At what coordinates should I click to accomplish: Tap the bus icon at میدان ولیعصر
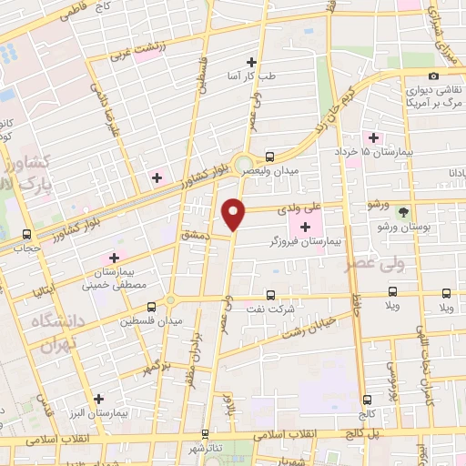tap(270, 156)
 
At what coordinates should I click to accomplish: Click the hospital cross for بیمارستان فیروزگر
tap(304, 225)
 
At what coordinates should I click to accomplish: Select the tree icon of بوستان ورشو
tap(403, 212)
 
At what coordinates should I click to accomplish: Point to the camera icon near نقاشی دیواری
tap(433, 75)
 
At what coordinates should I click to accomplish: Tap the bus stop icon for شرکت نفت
tap(270, 295)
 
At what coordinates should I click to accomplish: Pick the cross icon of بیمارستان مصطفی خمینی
tap(114, 257)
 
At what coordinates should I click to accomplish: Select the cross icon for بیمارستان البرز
tap(99, 398)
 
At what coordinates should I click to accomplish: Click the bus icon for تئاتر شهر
tap(206, 433)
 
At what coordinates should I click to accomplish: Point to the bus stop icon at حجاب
tap(27, 233)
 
